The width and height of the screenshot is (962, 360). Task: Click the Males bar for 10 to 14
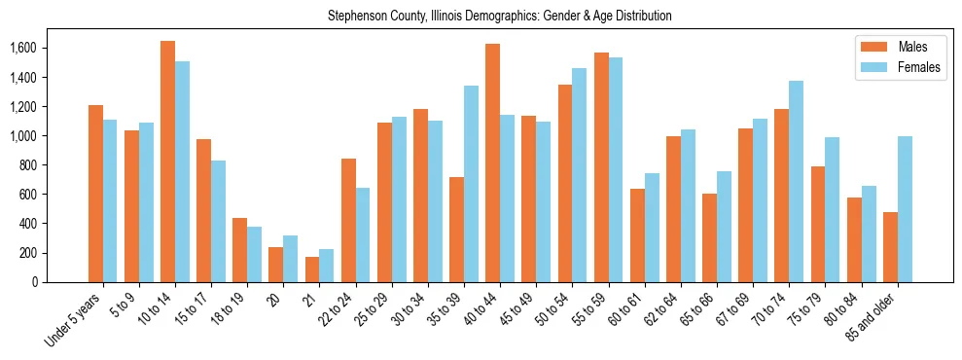(x=167, y=162)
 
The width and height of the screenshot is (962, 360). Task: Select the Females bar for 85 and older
(x=905, y=209)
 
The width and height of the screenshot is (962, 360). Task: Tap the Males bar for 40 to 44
(x=492, y=162)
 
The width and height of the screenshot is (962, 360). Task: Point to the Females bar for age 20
(x=290, y=259)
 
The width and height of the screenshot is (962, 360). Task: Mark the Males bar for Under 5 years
(x=95, y=194)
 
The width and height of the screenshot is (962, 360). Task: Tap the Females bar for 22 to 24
(x=363, y=234)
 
